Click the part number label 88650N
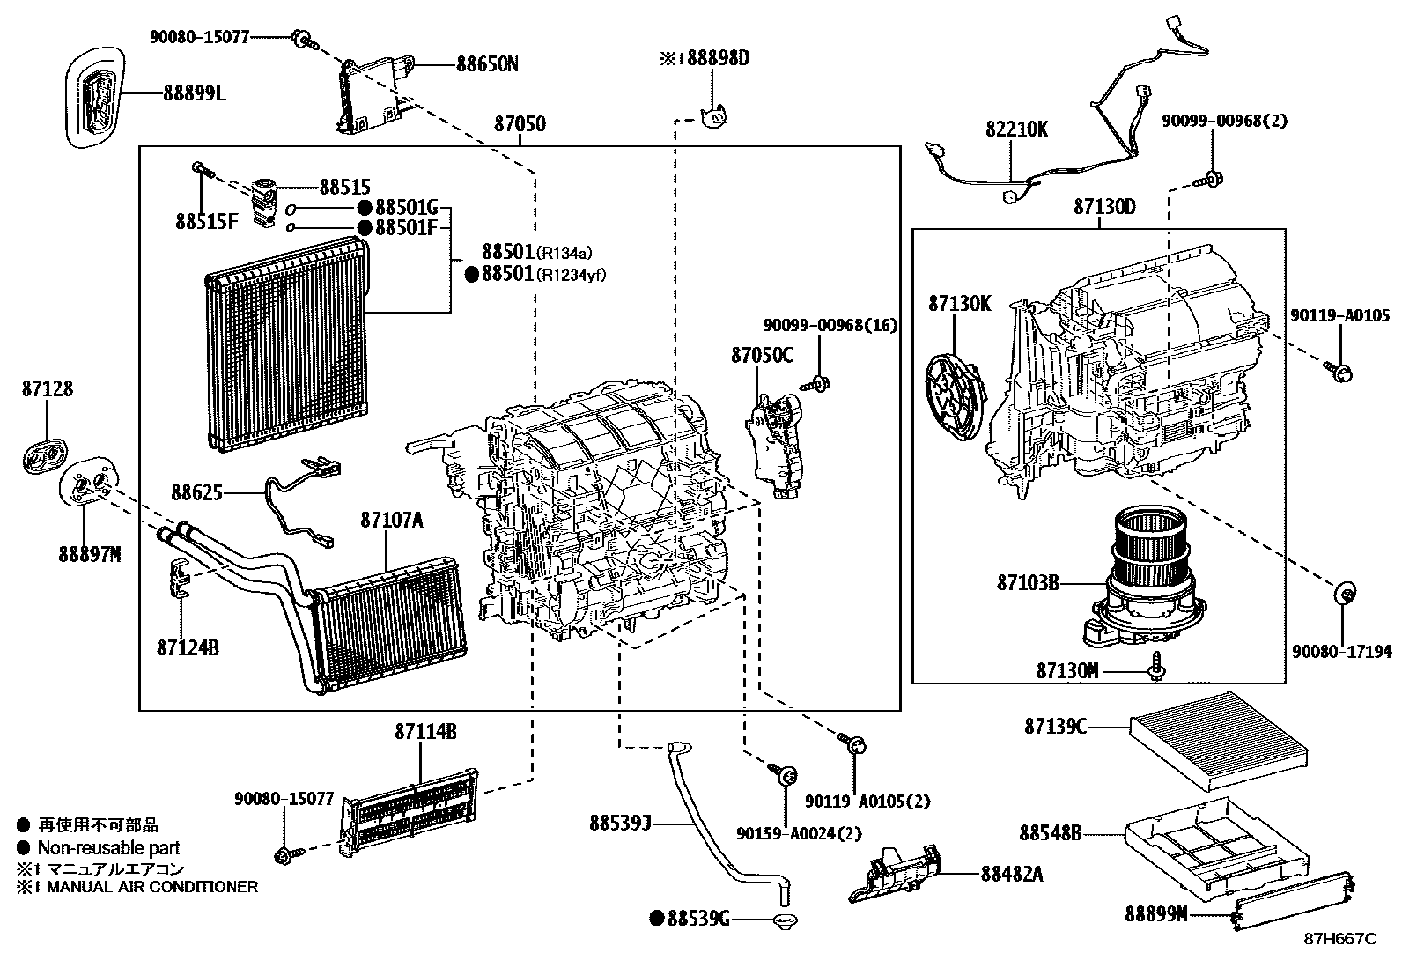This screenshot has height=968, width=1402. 487,64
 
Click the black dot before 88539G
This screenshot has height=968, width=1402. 655,918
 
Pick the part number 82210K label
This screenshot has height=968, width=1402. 1016,129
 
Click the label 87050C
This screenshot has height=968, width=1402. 762,355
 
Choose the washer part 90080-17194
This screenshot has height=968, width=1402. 1344,594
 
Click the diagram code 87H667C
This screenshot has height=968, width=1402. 1339,939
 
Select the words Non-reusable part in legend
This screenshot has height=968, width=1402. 108,848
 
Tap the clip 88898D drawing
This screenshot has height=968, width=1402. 713,115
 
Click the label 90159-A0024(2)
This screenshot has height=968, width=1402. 798,832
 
